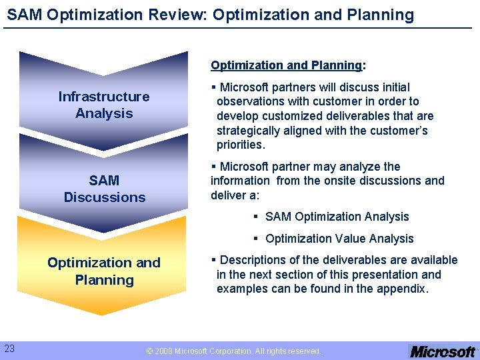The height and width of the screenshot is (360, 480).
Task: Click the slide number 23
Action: (x=9, y=348)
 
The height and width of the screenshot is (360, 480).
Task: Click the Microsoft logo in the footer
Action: (x=442, y=351)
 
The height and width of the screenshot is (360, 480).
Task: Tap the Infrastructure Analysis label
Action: (x=104, y=105)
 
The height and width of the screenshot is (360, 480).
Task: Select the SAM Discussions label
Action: (x=104, y=189)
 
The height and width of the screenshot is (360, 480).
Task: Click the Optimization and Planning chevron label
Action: (x=104, y=271)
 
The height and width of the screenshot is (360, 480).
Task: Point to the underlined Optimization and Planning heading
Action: (x=287, y=65)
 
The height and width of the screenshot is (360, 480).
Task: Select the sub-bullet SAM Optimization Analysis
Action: (x=337, y=217)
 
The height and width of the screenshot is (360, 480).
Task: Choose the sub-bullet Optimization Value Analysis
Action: (x=339, y=239)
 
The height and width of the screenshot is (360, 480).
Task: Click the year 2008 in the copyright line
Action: (x=163, y=351)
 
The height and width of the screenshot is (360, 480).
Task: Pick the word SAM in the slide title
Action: (x=25, y=15)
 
